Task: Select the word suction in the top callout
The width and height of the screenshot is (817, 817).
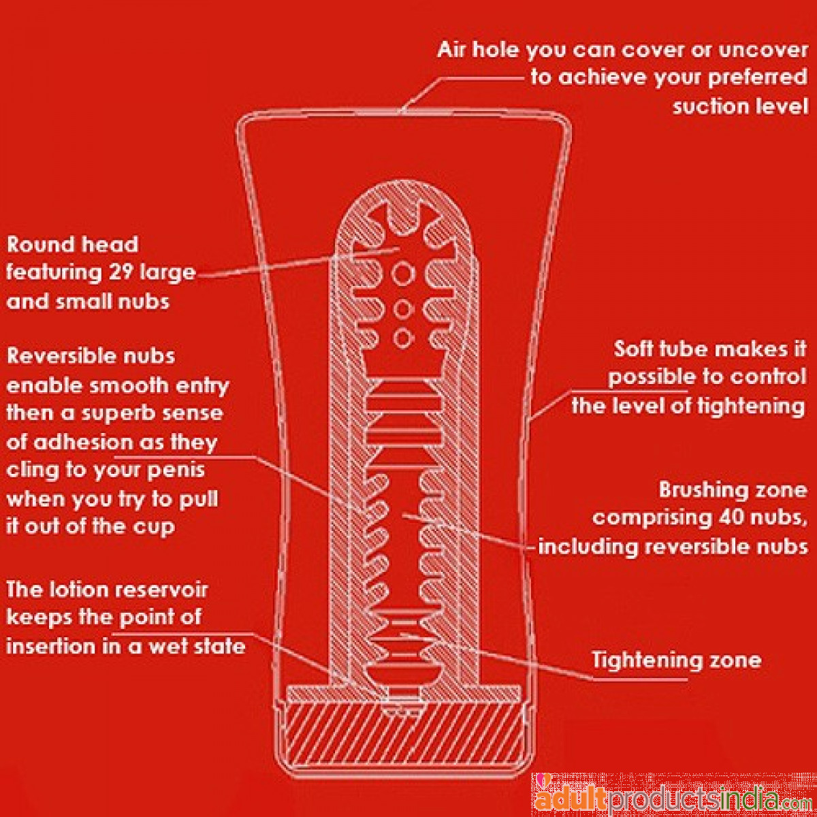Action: [712, 106]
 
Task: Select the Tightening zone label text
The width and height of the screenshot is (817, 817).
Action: [676, 660]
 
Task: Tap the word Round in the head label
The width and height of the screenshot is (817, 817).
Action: [35, 244]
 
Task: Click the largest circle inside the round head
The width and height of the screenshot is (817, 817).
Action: [403, 274]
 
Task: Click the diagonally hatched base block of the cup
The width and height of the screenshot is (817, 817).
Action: [404, 741]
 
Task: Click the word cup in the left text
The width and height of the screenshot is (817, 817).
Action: [155, 527]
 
